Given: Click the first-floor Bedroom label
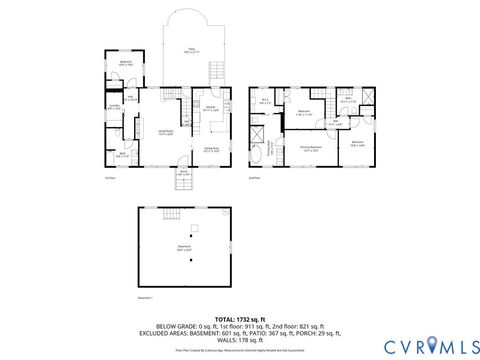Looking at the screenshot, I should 126,64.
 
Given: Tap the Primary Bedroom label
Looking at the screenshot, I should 311,147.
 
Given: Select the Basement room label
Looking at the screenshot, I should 184,249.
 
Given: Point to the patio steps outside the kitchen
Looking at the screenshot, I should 216,70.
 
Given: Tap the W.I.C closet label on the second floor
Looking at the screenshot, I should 265,102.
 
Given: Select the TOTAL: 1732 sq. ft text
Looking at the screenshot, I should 239,318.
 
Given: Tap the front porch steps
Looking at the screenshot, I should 184,185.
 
